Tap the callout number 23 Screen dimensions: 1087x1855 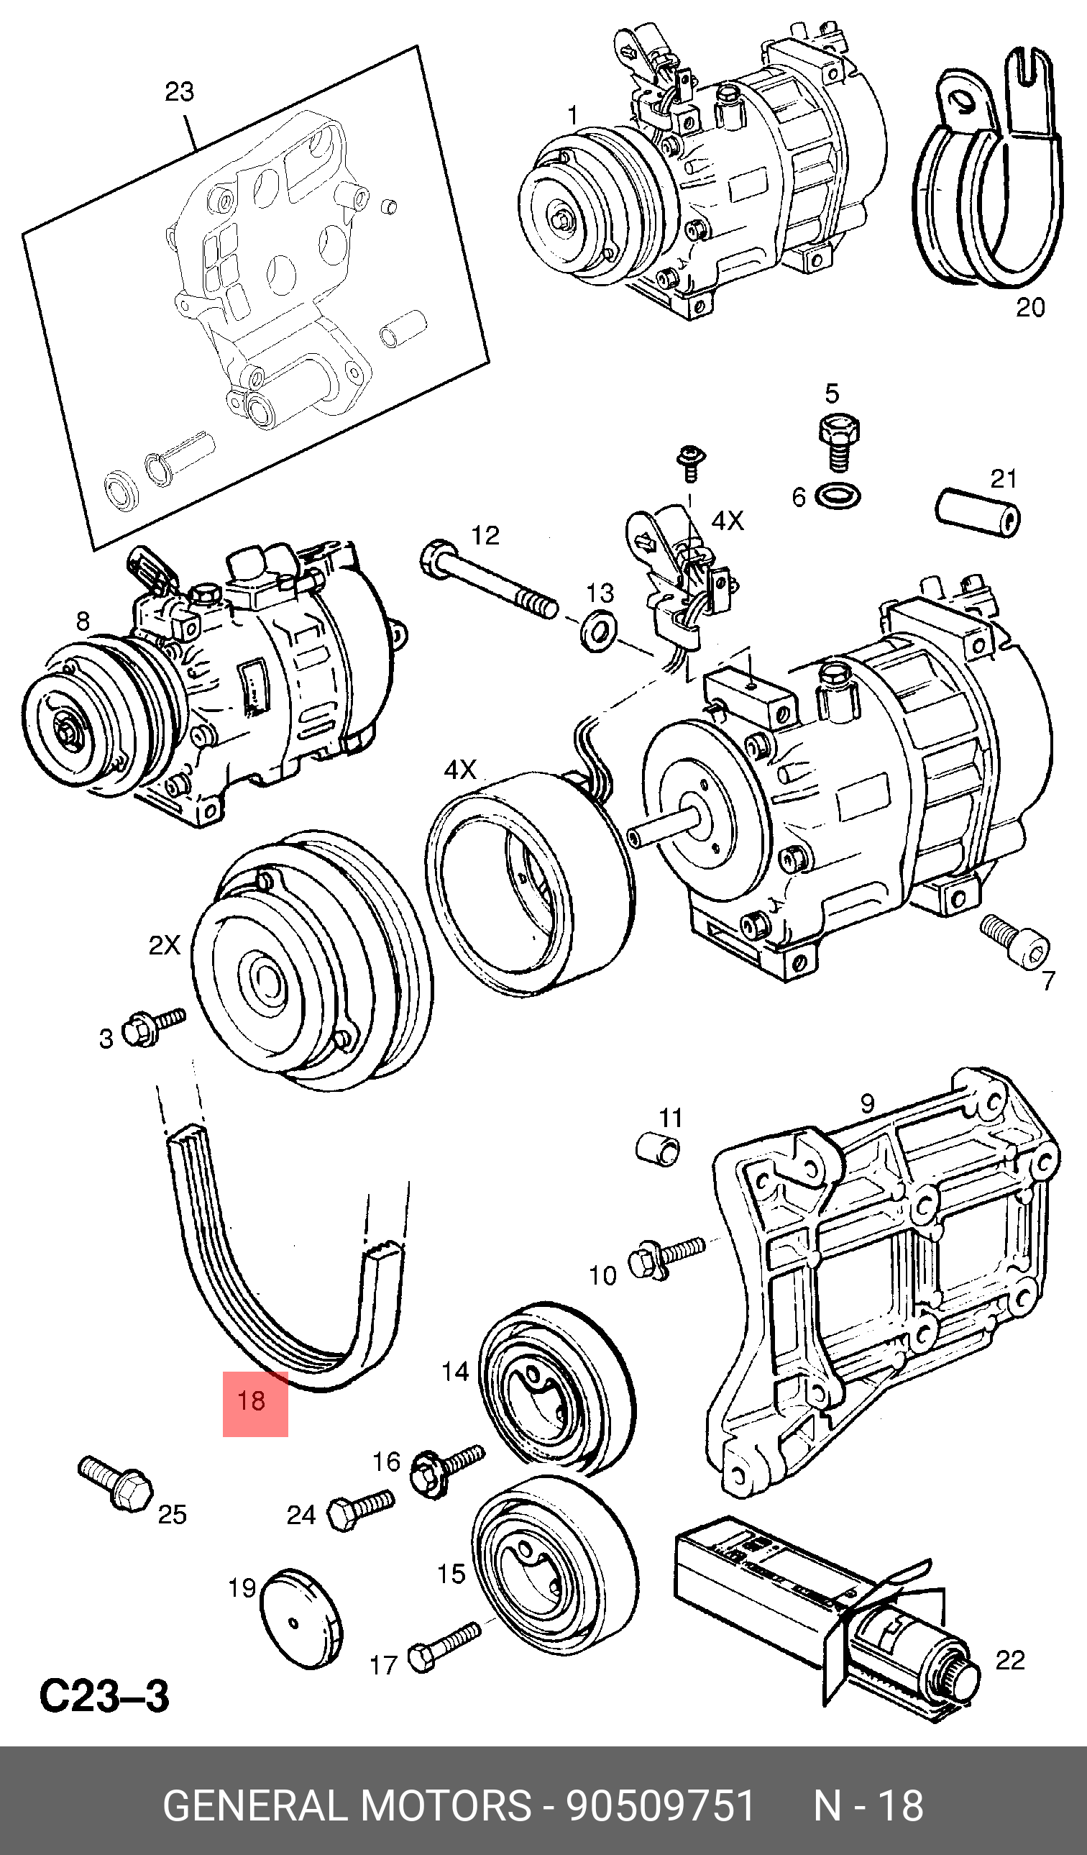coord(179,91)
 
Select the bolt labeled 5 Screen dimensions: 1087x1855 coord(839,442)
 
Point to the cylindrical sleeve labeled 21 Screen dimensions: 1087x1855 coord(978,511)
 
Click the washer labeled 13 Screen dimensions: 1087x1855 coord(600,629)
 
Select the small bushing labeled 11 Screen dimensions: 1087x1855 coord(658,1149)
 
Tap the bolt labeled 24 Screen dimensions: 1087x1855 coord(360,1509)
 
